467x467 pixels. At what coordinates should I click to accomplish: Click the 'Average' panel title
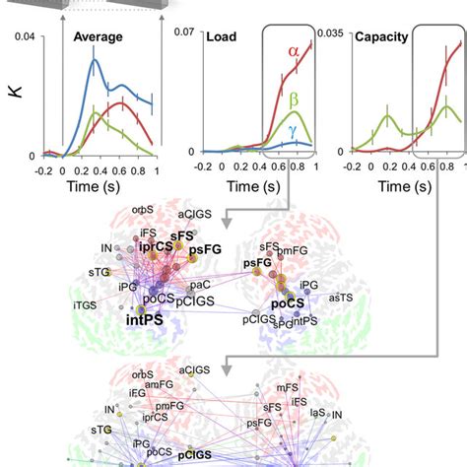coord(98,37)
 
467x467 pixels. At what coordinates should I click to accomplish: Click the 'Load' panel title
coord(222,37)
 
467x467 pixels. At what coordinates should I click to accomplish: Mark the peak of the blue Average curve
coord(95,60)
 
